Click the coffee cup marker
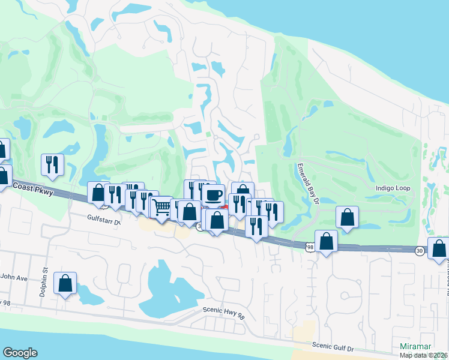tap(213, 195)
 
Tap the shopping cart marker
tap(161, 208)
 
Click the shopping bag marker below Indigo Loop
tap(347, 218)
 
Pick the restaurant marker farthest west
tap(52, 165)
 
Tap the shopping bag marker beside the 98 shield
tap(326, 242)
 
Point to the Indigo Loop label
tap(393, 188)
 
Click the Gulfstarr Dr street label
tap(104, 221)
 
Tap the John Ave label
tap(14, 278)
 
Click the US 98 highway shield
tap(309, 247)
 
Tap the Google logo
tap(20, 353)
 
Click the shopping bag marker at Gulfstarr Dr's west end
tap(98, 193)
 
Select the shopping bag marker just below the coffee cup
tap(217, 220)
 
